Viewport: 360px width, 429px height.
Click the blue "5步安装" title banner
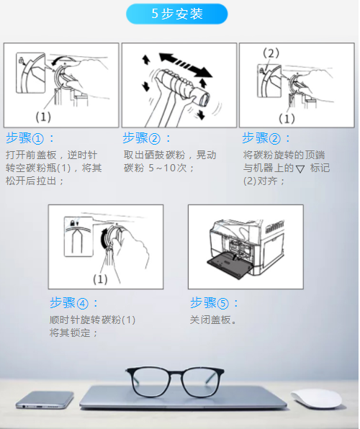pos(176,14)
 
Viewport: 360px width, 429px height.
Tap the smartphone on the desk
pos(45,399)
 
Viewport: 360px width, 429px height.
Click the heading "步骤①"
pos(24,138)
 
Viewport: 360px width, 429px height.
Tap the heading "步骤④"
pos(68,303)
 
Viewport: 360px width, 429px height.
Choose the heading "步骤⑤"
pos(210,303)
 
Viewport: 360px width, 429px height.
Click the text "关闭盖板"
pos(210,320)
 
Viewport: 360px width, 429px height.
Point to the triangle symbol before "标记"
pos(300,169)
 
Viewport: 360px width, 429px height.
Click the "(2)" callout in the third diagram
pos(271,53)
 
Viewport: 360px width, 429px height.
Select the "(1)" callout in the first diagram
pos(43,117)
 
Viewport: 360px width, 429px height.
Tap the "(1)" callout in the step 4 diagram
pos(100,279)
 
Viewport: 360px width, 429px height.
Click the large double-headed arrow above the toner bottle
pos(186,65)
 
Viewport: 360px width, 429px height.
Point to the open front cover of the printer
pos(230,265)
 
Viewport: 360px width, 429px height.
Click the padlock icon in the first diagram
pos(21,60)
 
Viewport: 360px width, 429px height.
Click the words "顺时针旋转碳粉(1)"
pos(93,320)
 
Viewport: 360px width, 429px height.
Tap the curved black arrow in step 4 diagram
pos(104,238)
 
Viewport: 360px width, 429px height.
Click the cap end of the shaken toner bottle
pos(204,99)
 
